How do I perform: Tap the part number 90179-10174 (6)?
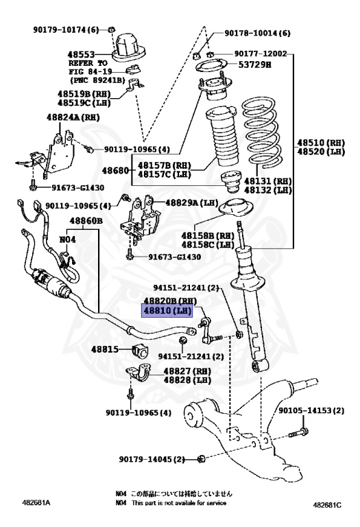pos(66,29)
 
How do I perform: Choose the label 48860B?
pos(86,221)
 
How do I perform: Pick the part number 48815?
pos(106,349)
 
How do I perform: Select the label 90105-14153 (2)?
pos(312,410)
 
